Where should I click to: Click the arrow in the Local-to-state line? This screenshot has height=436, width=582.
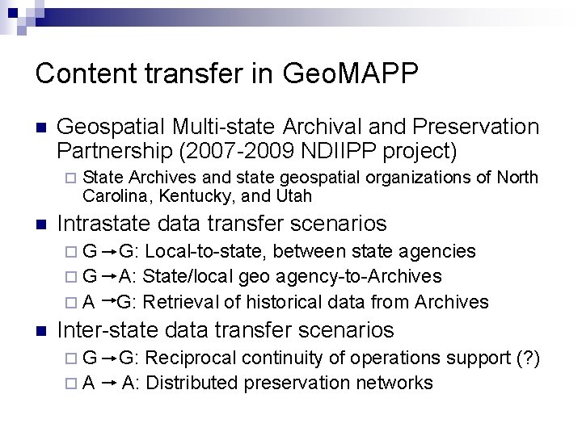click(108, 252)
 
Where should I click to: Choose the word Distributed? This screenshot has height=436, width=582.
click(187, 383)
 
